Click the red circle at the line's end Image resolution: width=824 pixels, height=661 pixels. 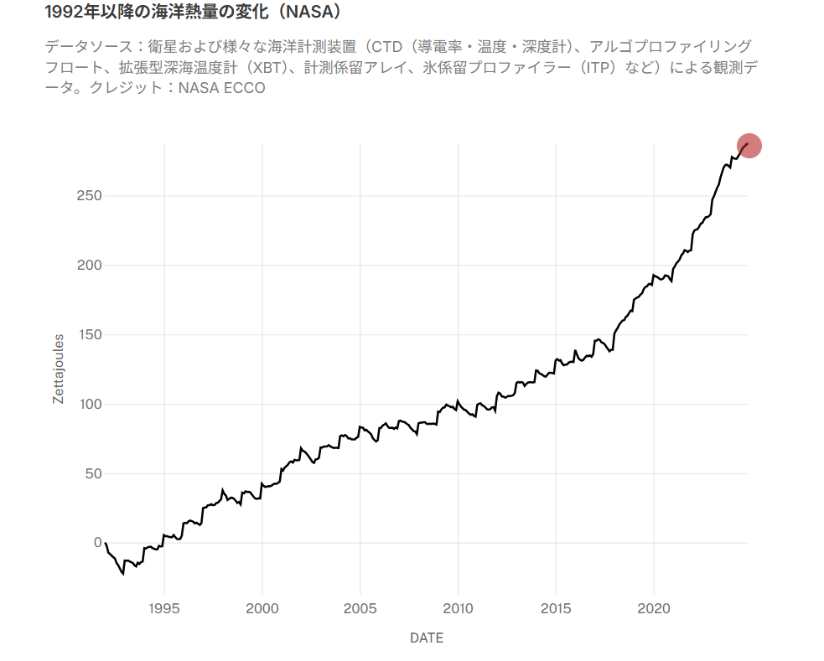coord(749,146)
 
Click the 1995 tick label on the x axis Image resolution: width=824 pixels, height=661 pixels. coord(164,608)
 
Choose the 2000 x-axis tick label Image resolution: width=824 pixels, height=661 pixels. coord(262,608)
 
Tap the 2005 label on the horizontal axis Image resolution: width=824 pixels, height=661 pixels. coord(360,608)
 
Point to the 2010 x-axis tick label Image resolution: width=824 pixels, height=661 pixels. coord(459,608)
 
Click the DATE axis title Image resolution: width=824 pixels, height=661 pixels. coord(427,638)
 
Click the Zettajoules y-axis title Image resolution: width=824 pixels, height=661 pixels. coord(58,369)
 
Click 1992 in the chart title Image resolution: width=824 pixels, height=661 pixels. coord(65,13)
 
